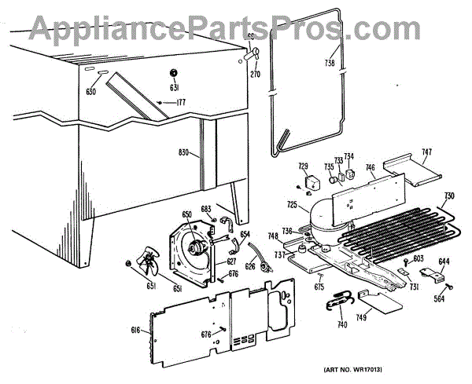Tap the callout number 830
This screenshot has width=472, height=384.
185,153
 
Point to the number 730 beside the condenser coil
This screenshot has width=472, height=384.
448,196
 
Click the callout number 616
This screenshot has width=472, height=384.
135,331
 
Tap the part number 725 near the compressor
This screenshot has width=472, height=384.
292,205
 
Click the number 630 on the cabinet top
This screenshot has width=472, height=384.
91,91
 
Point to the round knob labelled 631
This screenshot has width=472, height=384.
174,74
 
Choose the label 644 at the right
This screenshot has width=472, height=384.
444,261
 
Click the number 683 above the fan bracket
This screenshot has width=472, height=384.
206,208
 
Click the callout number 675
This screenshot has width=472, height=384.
319,288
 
